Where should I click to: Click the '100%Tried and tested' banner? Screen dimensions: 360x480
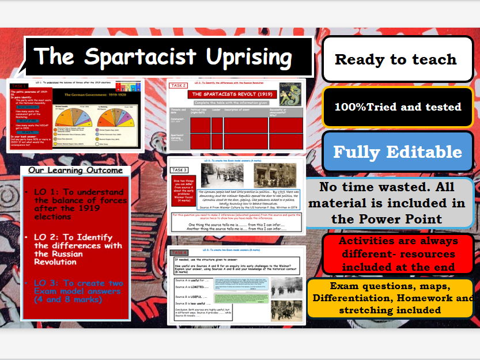click(398, 107)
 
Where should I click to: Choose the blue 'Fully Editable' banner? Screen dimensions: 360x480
click(398, 151)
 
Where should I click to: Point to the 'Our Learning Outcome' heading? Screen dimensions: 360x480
click(75, 170)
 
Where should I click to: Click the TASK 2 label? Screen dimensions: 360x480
click(178, 85)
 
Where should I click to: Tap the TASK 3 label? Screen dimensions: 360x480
click(179, 170)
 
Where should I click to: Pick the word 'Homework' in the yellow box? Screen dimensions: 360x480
click(437, 298)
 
